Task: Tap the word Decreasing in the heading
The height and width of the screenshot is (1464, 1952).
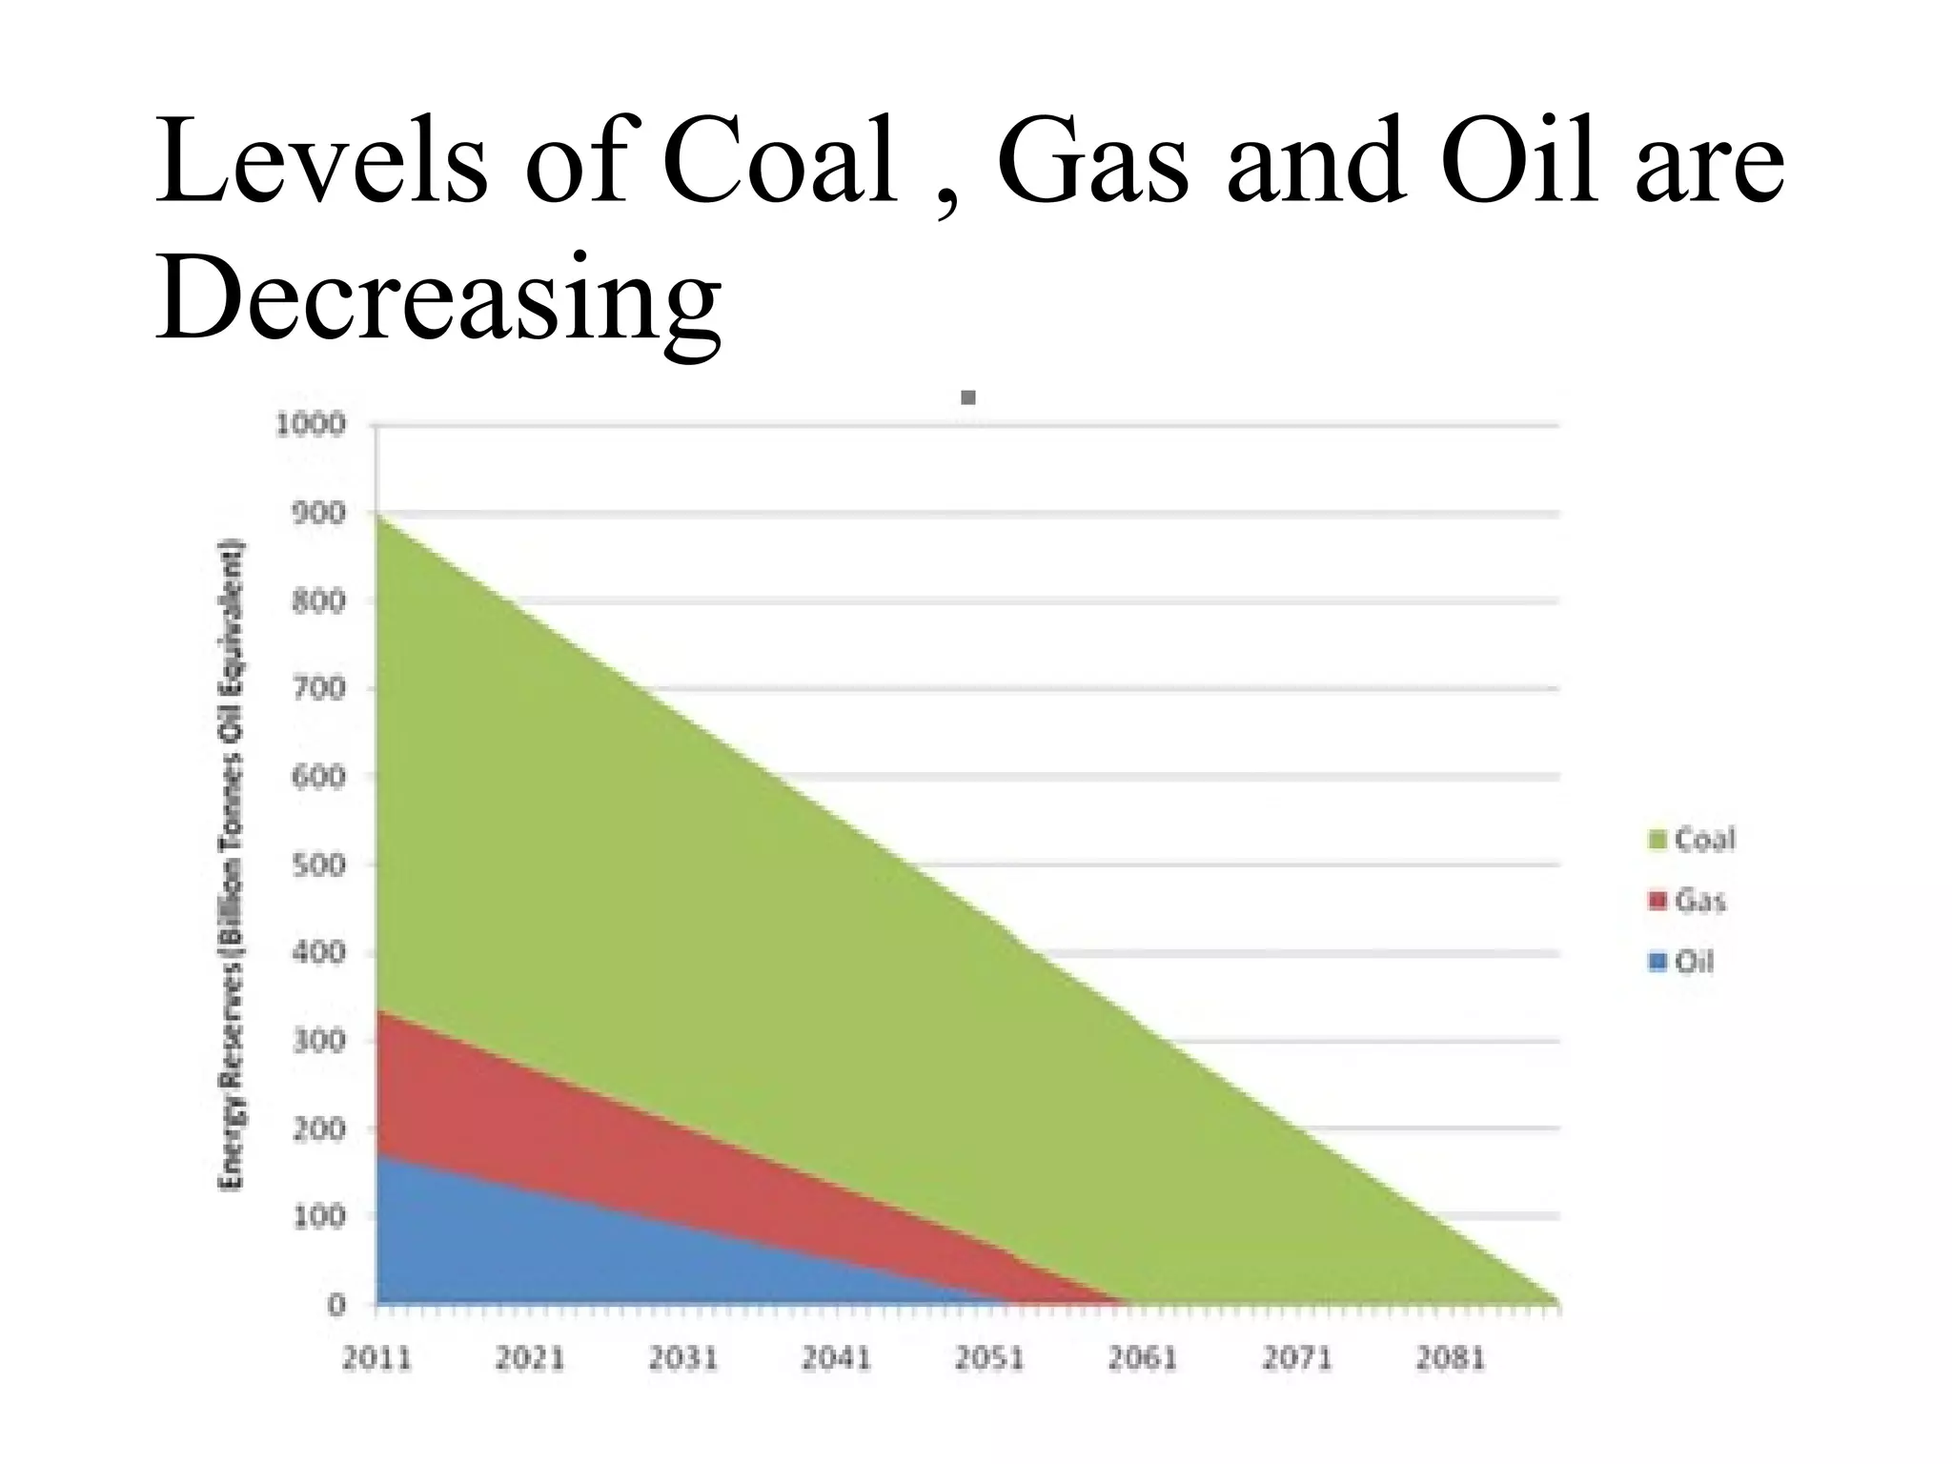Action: coord(437,296)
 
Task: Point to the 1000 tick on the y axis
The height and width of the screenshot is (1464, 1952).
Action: coord(310,424)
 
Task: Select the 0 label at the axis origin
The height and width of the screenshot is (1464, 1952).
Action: coord(335,1305)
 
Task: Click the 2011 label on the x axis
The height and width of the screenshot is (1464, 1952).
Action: coord(376,1358)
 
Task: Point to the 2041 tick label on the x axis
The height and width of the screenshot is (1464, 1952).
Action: coord(836,1358)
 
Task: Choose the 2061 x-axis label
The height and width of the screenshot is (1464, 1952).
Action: coord(1143,1358)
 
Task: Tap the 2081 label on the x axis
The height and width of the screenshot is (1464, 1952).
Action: coord(1450,1358)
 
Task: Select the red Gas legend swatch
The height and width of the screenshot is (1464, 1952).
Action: coord(1657,901)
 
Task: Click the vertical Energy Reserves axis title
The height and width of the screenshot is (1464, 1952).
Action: coord(232,864)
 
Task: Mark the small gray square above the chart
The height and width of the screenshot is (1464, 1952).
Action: coord(968,397)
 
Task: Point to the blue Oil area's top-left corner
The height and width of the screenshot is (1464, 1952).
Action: coord(379,1156)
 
